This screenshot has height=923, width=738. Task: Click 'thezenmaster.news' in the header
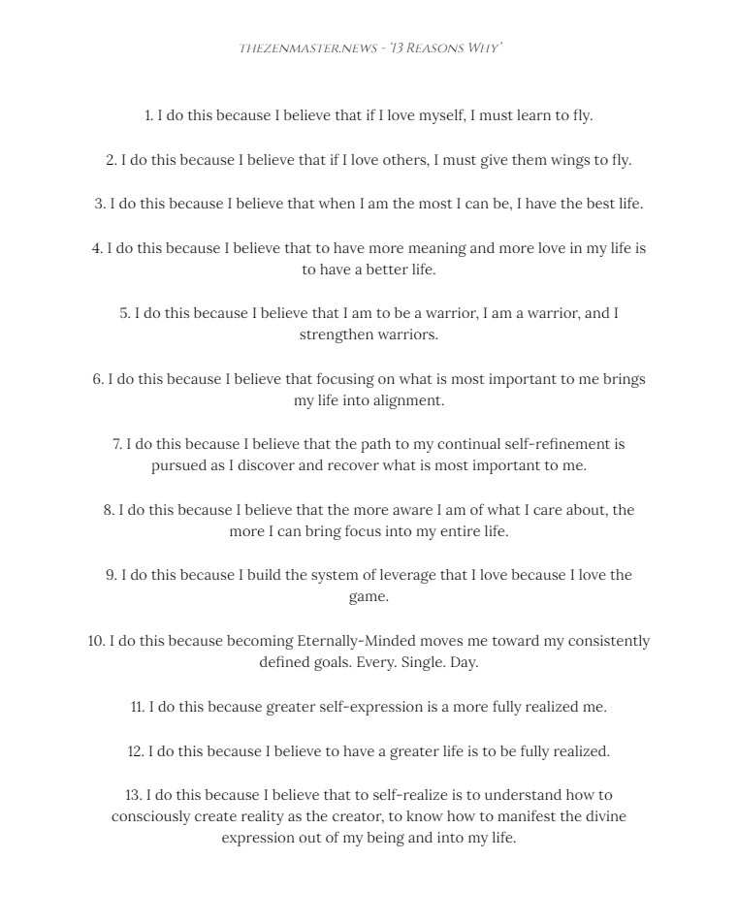click(308, 48)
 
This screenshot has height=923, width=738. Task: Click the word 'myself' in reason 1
click(441, 115)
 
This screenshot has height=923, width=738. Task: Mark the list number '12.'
click(136, 751)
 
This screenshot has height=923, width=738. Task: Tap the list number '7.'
click(117, 444)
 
